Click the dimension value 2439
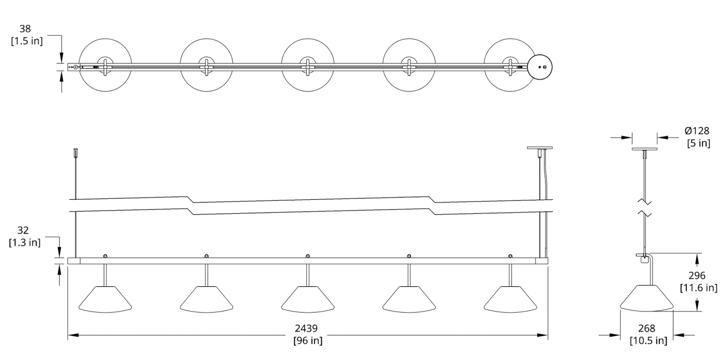coord(306,328)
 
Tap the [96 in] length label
coord(308,340)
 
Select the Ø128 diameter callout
coord(697,131)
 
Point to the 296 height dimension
coord(697,276)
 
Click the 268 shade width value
coord(646,328)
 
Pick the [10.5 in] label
coord(648,340)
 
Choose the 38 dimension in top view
coord(25,29)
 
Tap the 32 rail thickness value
coord(23,230)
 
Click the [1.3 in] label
coord(25,242)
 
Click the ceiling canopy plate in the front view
coord(540,148)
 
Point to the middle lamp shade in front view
coord(308,299)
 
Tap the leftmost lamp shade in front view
coord(105,299)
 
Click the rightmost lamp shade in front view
coord(510,299)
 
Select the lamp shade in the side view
coord(647,298)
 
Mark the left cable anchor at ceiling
coord(76,152)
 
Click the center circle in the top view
coord(308,65)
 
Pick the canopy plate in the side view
coord(645,149)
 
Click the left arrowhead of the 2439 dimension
coord(73,335)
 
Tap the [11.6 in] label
coord(698,287)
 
